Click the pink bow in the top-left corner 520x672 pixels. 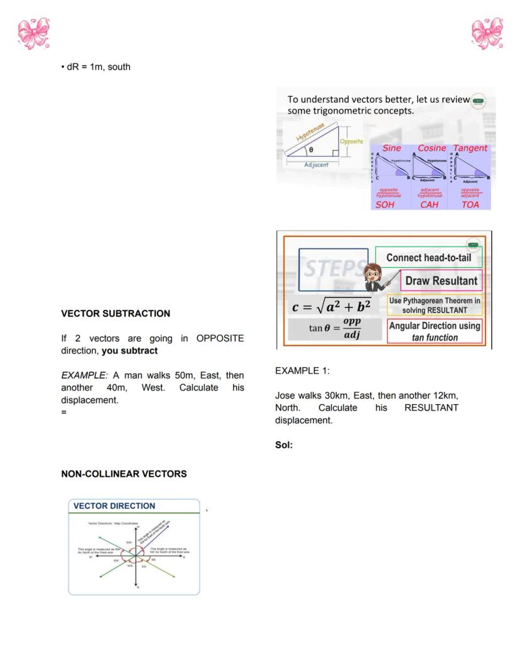point(33,33)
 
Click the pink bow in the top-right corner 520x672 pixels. point(487,33)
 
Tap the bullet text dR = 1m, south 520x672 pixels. point(98,67)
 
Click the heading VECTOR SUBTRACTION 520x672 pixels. point(115,313)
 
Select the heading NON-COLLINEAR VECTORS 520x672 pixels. point(124,474)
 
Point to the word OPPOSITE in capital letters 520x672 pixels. point(220,338)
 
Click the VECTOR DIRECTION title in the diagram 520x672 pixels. point(114,506)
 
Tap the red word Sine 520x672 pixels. point(391,148)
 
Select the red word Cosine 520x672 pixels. point(431,148)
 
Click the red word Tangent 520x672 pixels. point(470,148)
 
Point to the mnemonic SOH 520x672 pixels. point(385,205)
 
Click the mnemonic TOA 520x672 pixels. point(470,205)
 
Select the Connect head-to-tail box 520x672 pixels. point(428,257)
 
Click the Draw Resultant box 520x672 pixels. point(441,280)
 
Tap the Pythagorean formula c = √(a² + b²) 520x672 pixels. point(332,306)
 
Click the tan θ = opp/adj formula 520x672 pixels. point(335,329)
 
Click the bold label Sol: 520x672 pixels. point(284,445)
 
